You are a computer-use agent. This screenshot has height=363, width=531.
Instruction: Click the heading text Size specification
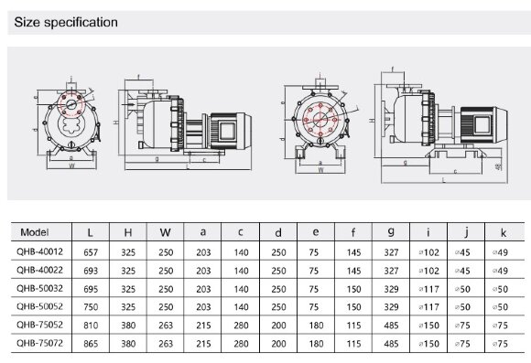tap(63, 21)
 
